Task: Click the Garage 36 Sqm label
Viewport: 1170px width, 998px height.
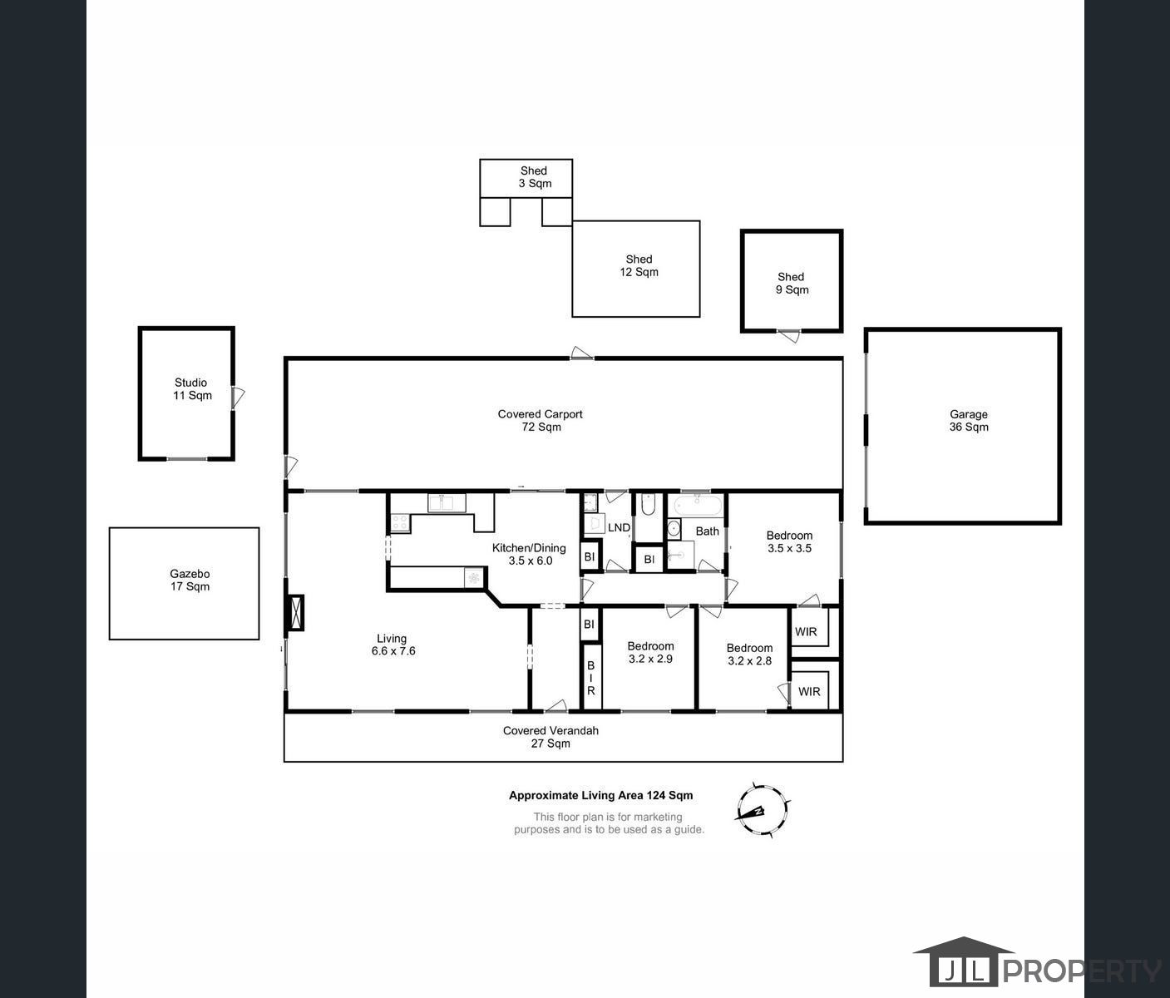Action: (969, 421)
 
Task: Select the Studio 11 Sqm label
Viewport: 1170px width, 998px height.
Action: (192, 389)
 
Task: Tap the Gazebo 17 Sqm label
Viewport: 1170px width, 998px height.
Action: (190, 581)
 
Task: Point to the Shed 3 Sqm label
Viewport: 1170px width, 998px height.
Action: (534, 177)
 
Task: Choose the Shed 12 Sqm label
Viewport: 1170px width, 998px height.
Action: (639, 266)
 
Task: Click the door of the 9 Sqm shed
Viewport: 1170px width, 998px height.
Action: (789, 336)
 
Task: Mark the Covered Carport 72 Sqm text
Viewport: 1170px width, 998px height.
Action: (541, 421)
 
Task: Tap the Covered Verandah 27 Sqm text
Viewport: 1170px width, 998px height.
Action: (550, 737)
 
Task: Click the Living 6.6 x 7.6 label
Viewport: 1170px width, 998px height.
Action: (392, 645)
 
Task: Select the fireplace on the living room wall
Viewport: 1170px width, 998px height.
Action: (294, 613)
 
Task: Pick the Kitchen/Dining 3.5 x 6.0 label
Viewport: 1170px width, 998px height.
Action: (530, 554)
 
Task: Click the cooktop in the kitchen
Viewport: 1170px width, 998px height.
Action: (399, 523)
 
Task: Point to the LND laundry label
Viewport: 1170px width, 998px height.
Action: (619, 528)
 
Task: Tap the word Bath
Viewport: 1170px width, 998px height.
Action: (707, 531)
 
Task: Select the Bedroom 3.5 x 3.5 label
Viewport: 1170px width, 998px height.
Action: (789, 542)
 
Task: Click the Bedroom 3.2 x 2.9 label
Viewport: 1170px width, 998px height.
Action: (650, 652)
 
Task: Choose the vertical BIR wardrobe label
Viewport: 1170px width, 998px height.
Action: (591, 678)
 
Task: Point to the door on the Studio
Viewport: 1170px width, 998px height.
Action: (238, 397)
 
